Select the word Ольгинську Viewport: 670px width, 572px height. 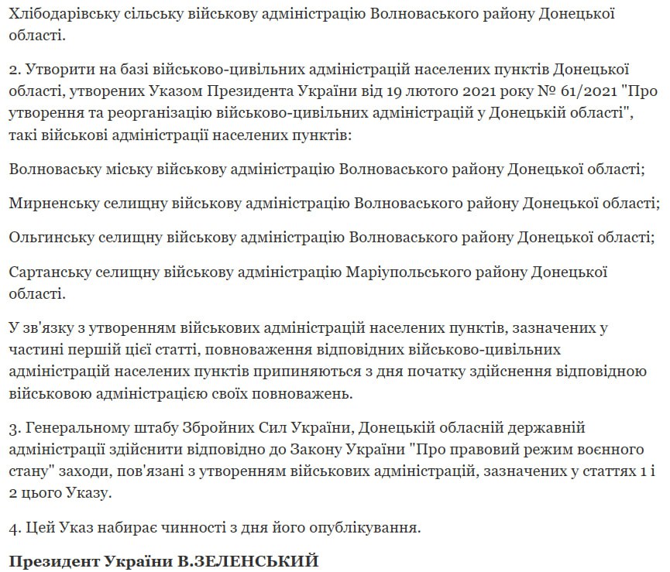point(52,237)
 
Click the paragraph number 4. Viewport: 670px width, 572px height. point(15,529)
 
